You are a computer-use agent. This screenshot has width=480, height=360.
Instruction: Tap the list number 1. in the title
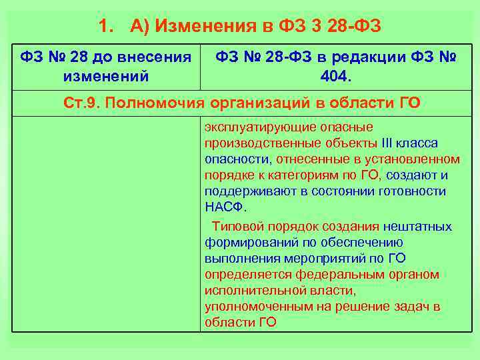tap(105, 27)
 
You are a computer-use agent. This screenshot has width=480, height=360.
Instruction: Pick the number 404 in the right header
tap(333, 75)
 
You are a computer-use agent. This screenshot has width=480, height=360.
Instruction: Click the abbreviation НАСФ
tap(221, 207)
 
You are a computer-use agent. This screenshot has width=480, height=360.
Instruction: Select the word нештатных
tap(417, 227)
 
